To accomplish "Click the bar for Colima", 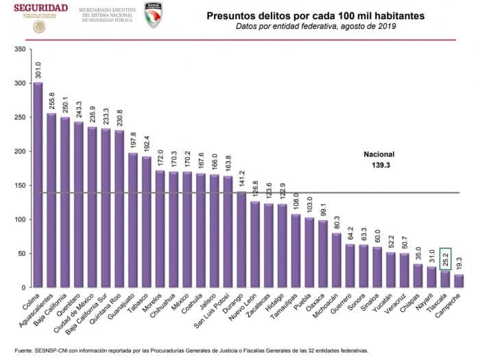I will (x=38, y=185).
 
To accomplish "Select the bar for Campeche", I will (x=458, y=281).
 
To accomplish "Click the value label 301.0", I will (x=38, y=70).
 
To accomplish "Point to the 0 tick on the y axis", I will (x=23, y=287).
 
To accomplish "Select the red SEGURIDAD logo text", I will (x=40, y=8).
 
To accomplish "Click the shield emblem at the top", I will (x=154, y=14).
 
